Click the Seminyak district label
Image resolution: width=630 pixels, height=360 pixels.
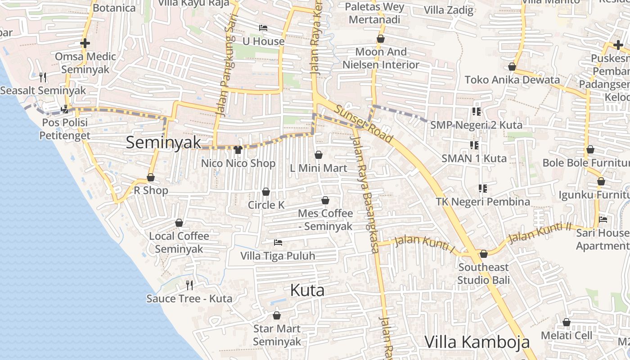[163, 143]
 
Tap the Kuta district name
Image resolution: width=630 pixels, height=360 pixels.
[307, 290]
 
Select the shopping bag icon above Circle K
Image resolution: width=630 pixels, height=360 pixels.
[266, 192]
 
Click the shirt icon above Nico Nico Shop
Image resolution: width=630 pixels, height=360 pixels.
[238, 149]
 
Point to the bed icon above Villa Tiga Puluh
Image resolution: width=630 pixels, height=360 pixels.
[278, 243]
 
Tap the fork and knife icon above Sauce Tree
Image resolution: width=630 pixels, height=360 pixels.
[189, 285]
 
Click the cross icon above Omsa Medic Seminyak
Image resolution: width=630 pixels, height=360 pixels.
[85, 43]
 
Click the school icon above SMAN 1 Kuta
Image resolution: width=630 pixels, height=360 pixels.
[474, 145]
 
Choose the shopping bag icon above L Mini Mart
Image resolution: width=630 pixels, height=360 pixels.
[319, 155]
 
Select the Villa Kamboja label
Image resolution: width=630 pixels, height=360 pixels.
[477, 342]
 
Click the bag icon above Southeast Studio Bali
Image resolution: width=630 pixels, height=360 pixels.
[484, 254]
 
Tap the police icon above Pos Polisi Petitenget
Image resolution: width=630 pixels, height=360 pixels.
[65, 109]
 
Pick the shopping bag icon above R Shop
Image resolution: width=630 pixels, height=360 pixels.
[151, 178]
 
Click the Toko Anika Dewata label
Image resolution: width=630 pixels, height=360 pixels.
[512, 80]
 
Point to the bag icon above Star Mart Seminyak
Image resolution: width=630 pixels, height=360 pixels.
[277, 315]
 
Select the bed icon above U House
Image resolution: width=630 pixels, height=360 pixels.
[263, 28]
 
